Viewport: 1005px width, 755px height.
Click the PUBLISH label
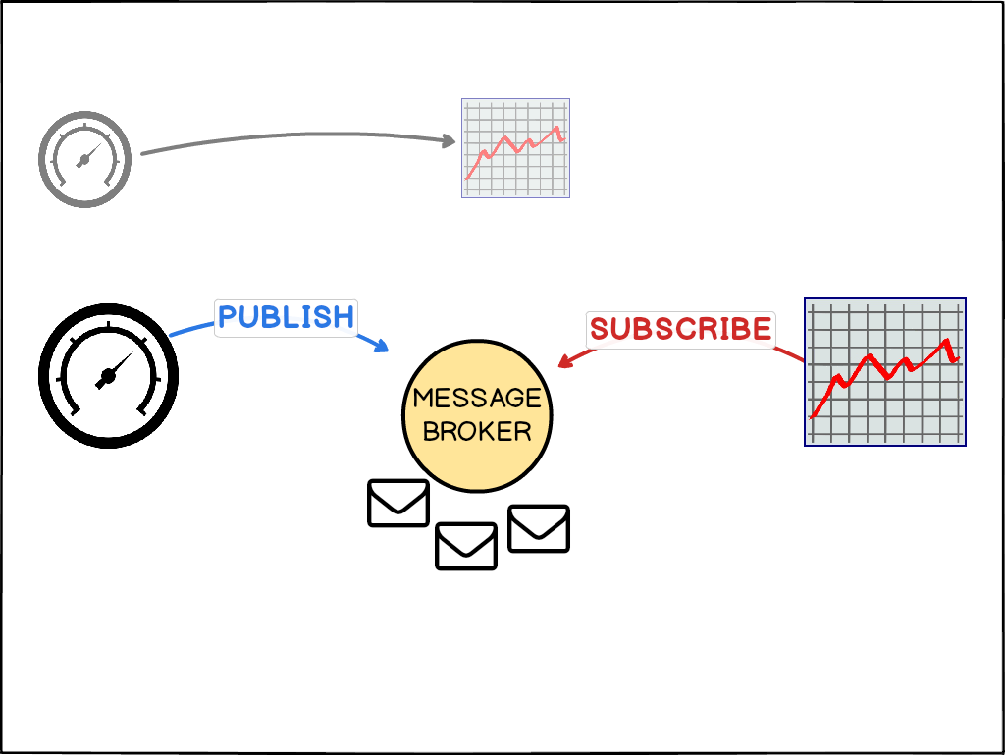(x=286, y=317)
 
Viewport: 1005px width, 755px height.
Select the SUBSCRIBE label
(x=680, y=329)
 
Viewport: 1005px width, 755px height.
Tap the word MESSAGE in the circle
(x=477, y=398)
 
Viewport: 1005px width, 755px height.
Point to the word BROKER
(x=477, y=430)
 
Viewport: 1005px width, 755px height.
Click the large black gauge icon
(x=108, y=375)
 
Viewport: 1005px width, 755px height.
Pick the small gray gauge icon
(x=84, y=159)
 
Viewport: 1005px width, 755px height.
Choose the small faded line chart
(x=515, y=148)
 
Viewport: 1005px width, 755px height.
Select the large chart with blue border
(x=884, y=372)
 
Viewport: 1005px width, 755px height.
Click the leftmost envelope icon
(x=398, y=503)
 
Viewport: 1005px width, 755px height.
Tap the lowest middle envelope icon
(x=466, y=546)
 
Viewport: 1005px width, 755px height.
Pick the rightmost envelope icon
(x=539, y=528)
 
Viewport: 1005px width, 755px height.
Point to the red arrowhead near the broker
(x=565, y=362)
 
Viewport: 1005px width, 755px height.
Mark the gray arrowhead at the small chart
(x=450, y=140)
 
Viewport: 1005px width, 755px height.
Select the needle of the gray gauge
(x=91, y=154)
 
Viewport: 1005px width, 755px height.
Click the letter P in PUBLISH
(x=228, y=317)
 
